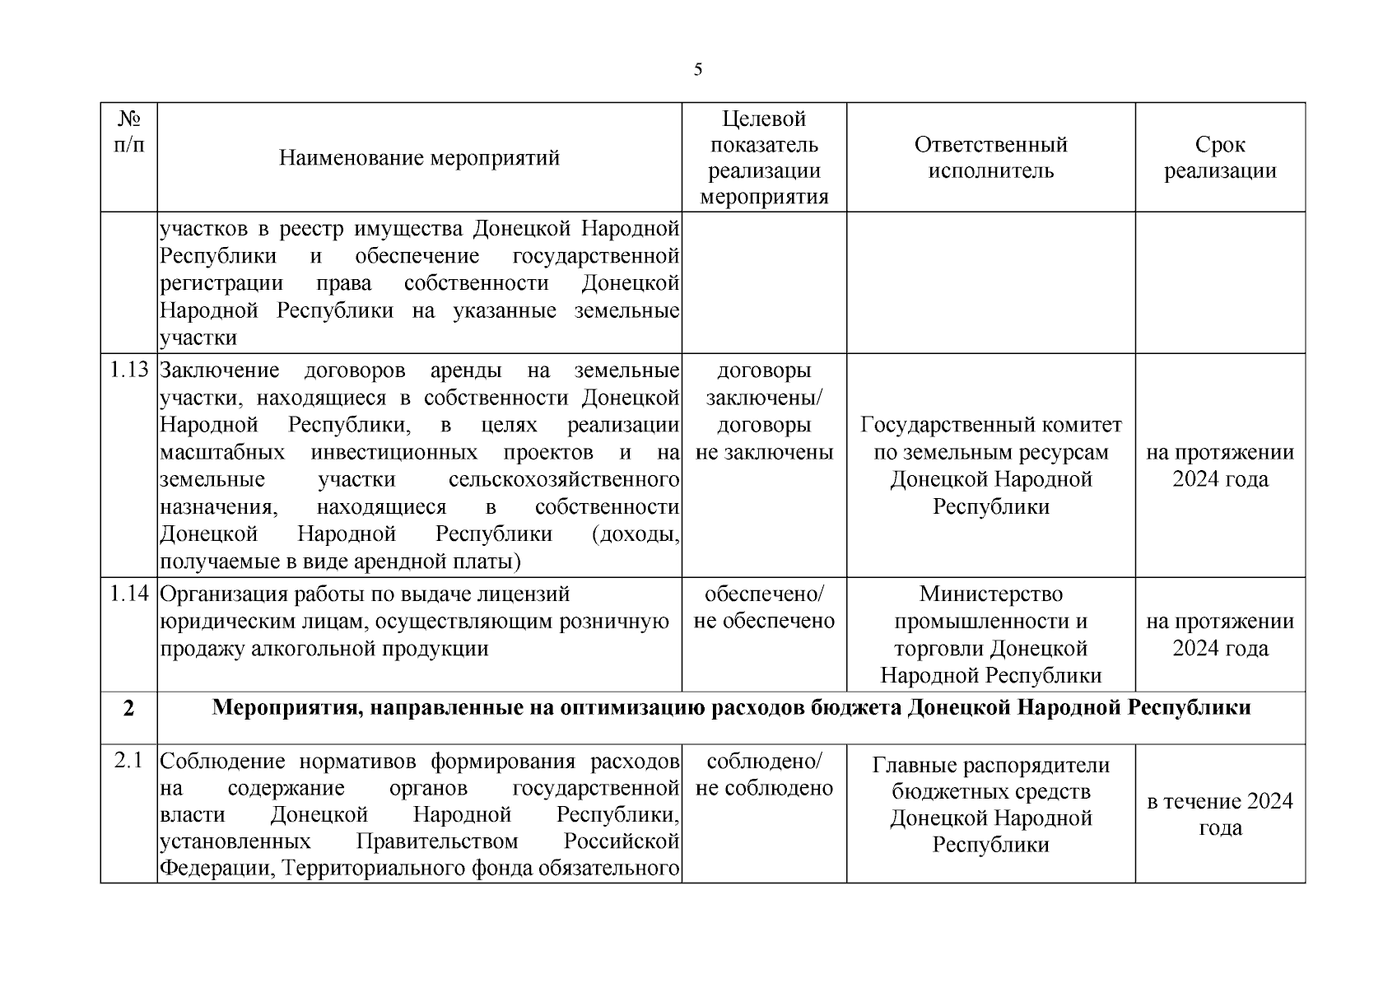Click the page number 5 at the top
(698, 70)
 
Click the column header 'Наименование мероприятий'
(419, 157)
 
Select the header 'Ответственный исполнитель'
(990, 157)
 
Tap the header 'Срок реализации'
(1220, 157)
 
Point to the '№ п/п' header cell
(128, 133)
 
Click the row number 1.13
(129, 370)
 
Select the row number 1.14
(129, 594)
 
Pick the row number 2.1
(129, 762)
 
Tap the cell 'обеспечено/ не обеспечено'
(764, 608)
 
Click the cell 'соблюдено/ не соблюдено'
(764, 775)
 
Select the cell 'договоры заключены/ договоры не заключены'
(764, 411)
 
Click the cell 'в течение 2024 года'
(1220, 814)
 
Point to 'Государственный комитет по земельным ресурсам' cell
(990, 465)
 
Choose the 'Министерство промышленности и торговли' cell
(990, 634)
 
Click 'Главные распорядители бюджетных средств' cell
(990, 804)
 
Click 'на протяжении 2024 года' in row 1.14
(1220, 634)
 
